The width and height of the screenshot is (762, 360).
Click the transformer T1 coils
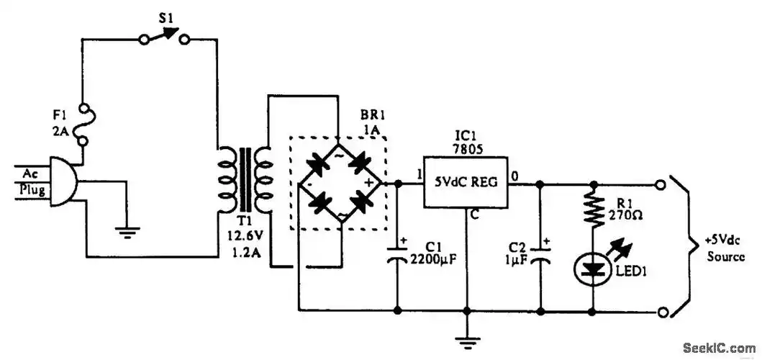click(x=244, y=176)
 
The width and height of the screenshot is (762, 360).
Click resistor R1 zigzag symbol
click(x=592, y=210)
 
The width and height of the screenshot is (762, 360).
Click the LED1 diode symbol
click(x=592, y=269)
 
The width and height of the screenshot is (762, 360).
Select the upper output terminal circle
click(x=662, y=184)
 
